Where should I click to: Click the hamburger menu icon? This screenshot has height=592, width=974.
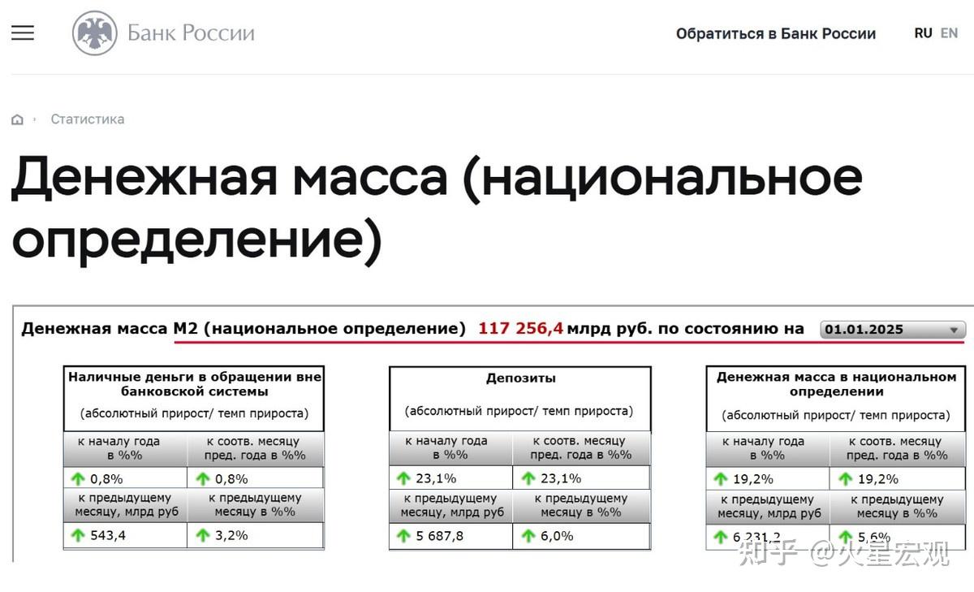point(23,32)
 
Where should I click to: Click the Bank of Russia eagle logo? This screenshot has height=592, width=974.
point(95,33)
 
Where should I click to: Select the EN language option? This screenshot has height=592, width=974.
point(949,33)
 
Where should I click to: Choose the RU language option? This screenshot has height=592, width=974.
point(923,33)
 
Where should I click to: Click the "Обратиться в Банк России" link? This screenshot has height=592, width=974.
point(776,33)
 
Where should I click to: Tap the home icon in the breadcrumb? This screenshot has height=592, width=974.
point(17,119)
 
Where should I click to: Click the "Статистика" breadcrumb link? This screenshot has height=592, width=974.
point(88,119)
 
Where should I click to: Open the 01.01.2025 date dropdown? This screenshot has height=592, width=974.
point(893,329)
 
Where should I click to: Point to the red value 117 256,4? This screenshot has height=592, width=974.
point(520,328)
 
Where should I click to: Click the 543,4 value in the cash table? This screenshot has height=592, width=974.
point(108,535)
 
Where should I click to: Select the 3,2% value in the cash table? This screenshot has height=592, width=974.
point(231,535)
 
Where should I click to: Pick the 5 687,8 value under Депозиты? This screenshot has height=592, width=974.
point(440,536)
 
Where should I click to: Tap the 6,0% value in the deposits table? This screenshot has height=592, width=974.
point(557,536)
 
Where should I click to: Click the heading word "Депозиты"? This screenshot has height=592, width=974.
point(521,378)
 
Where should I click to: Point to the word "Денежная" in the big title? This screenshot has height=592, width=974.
point(144,178)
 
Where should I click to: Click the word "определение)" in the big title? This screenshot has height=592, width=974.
point(197,240)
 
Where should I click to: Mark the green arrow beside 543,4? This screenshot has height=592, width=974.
point(78,535)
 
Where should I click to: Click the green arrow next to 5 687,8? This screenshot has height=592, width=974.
point(403,536)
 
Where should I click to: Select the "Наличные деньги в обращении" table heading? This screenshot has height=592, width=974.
point(194,384)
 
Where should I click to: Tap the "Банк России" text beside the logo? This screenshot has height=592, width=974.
point(191,33)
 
